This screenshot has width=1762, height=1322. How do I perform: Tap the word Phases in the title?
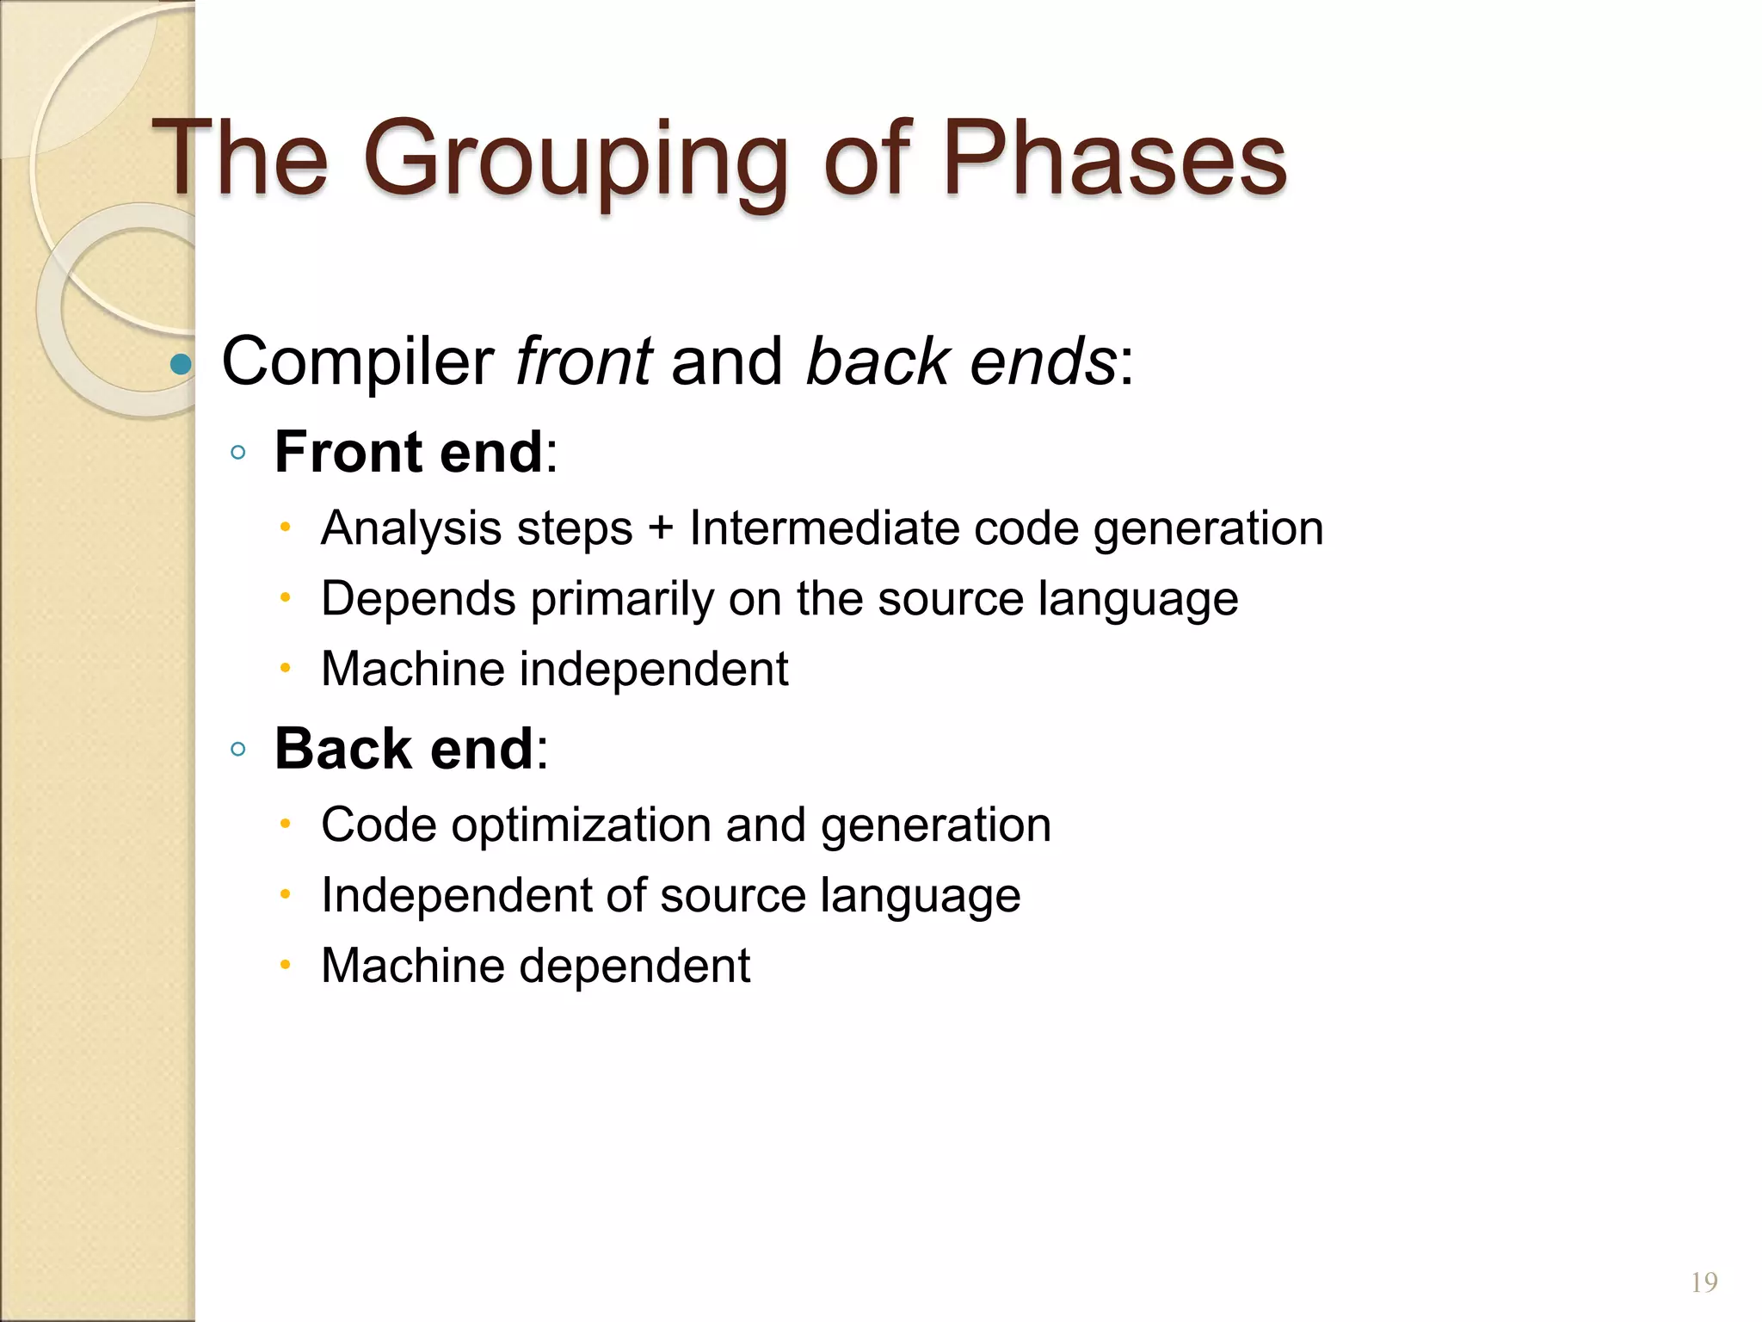pyautogui.click(x=1114, y=159)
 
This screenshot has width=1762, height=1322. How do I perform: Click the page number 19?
pyautogui.click(x=1703, y=1282)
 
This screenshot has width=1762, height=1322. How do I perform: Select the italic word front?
pyautogui.click(x=584, y=361)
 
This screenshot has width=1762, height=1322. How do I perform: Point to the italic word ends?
pyautogui.click(x=1043, y=361)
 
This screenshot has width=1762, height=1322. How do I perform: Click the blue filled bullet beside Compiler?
pyautogui.click(x=181, y=364)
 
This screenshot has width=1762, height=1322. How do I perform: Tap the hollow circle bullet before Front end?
pyautogui.click(x=238, y=452)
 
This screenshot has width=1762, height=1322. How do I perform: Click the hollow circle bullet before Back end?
pyautogui.click(x=238, y=749)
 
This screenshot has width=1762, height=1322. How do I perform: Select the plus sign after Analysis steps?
pyautogui.click(x=661, y=528)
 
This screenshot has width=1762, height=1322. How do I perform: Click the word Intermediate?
pyautogui.click(x=824, y=528)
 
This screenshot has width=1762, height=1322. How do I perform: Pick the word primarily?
pyautogui.click(x=621, y=599)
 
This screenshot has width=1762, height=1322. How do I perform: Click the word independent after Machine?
pyautogui.click(x=654, y=669)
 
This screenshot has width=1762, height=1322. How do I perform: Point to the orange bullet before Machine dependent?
pyautogui.click(x=286, y=965)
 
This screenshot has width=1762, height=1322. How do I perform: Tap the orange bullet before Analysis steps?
pyautogui.click(x=286, y=527)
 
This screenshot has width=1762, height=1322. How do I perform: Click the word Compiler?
pyautogui.click(x=357, y=361)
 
